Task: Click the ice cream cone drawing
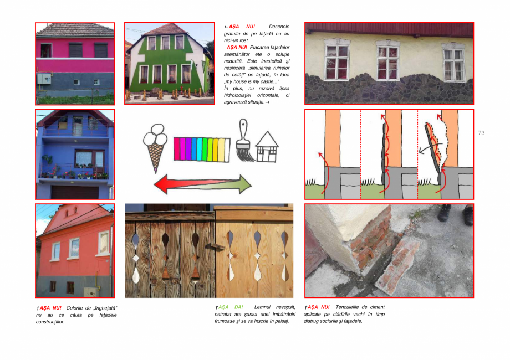[x=155, y=145]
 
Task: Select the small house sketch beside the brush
[x=266, y=146]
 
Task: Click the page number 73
[x=481, y=133]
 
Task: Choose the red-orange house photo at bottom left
[x=75, y=251]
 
